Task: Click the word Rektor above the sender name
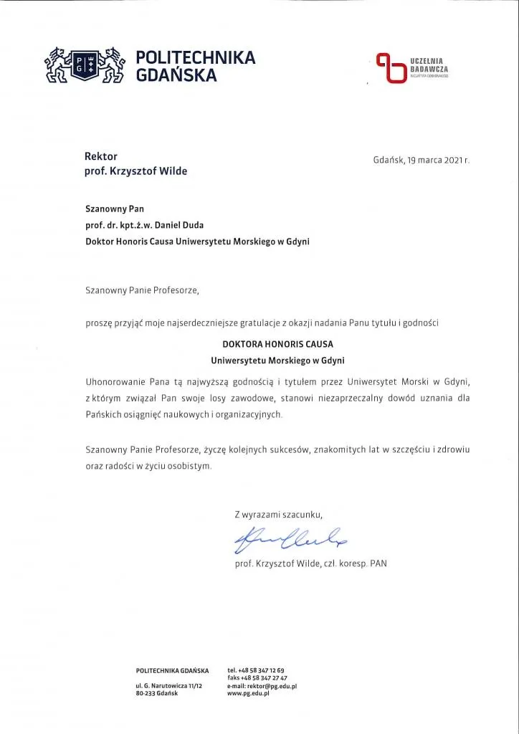click(101, 156)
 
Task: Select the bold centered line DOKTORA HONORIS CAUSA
click(278, 344)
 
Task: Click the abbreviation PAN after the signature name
click(378, 564)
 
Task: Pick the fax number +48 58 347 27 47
click(267, 677)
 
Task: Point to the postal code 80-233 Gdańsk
click(156, 694)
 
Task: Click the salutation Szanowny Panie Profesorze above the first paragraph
click(140, 291)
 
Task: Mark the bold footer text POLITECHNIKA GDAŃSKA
click(172, 670)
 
